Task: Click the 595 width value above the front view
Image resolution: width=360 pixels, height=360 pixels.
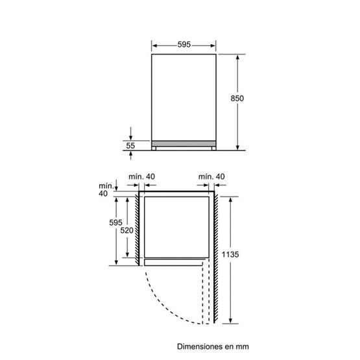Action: (x=184, y=45)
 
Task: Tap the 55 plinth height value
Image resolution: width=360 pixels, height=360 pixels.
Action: (x=130, y=147)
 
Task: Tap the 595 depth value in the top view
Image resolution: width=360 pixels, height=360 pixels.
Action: (x=116, y=222)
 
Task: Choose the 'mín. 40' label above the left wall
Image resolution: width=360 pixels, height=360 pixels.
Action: (x=141, y=177)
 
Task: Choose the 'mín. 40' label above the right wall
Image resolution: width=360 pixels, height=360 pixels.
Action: (x=212, y=177)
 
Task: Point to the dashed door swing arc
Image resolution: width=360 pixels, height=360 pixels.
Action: (x=162, y=306)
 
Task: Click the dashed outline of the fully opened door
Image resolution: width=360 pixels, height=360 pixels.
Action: (x=208, y=292)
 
